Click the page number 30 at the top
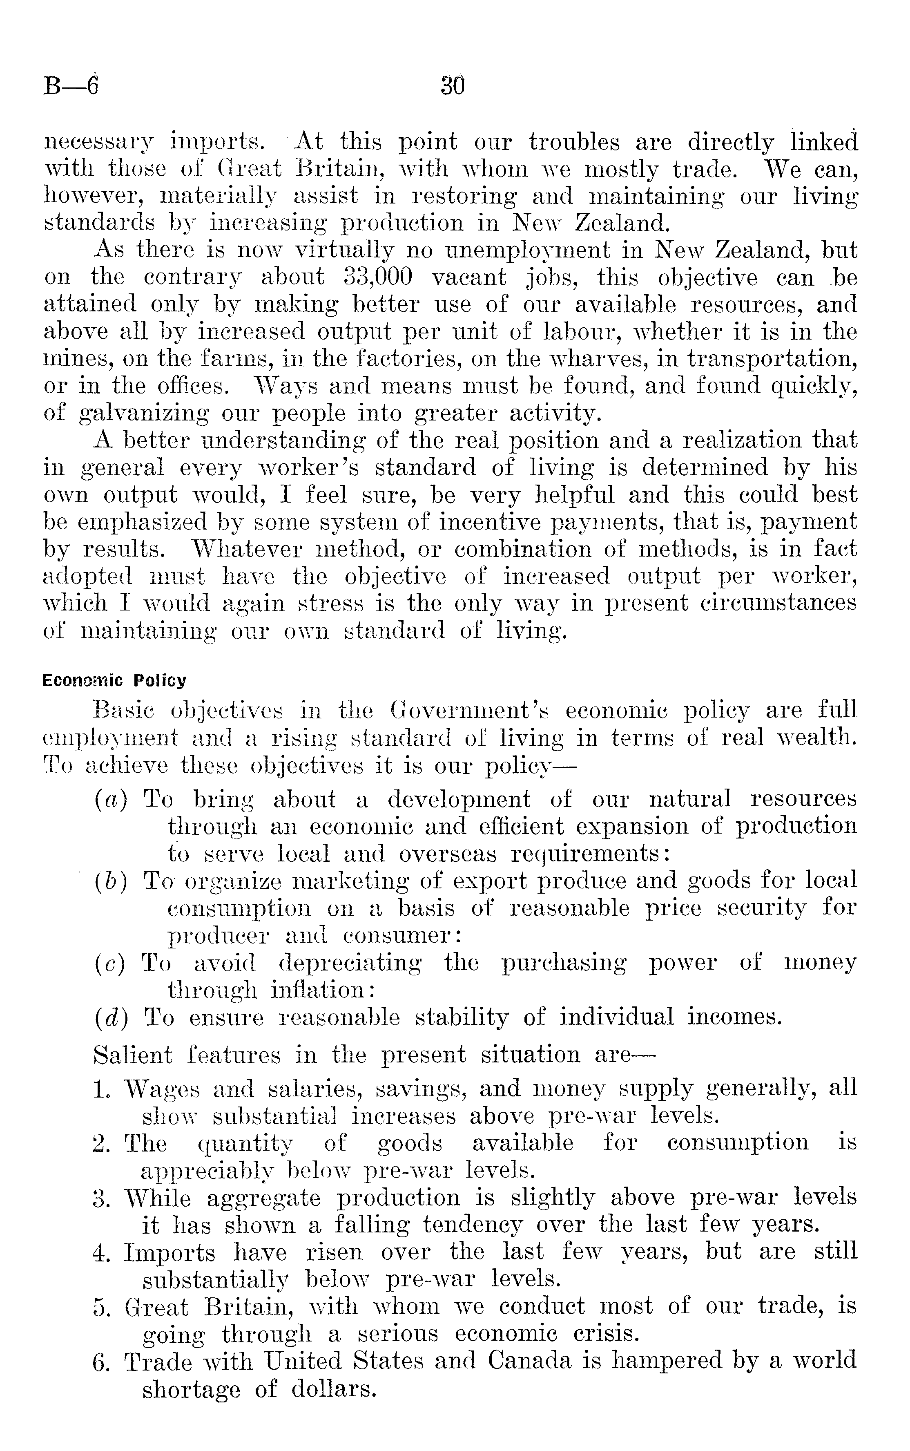(453, 86)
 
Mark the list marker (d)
(111, 1017)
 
